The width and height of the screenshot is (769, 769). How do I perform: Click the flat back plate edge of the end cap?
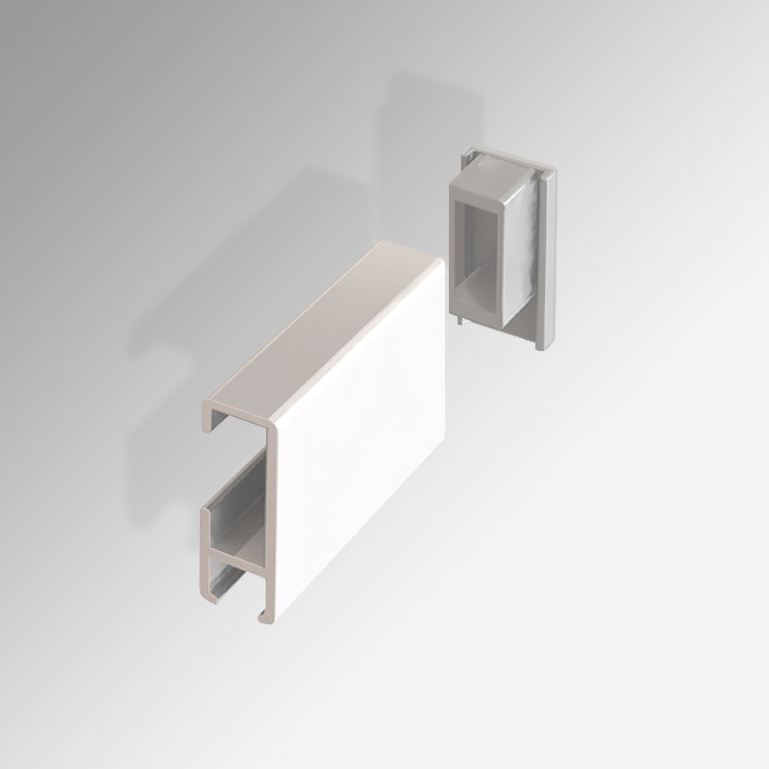(x=546, y=260)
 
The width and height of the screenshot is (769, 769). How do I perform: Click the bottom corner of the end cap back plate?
(x=538, y=346)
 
